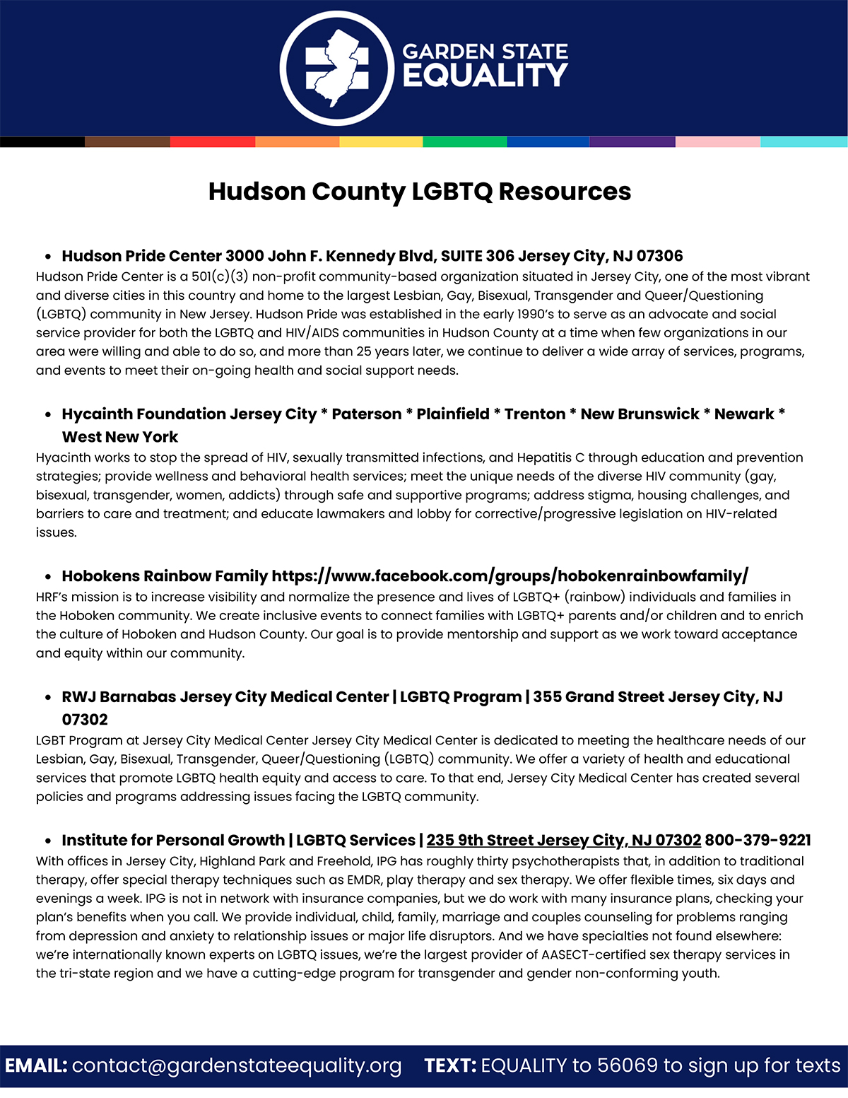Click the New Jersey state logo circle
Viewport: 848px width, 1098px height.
(336, 69)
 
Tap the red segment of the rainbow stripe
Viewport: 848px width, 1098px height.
(212, 141)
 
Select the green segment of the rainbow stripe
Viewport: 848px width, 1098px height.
(464, 141)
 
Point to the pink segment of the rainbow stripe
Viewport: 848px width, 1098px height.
(717, 141)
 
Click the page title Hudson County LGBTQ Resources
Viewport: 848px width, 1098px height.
(420, 192)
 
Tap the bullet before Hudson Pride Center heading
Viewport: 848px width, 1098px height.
(48, 257)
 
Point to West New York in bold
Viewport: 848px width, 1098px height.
(120, 437)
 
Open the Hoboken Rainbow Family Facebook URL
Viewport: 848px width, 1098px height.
(510, 576)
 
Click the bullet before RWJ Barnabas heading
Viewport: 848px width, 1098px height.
(48, 698)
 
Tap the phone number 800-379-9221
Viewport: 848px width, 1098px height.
(758, 840)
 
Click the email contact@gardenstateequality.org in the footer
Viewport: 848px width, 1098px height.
(237, 1065)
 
